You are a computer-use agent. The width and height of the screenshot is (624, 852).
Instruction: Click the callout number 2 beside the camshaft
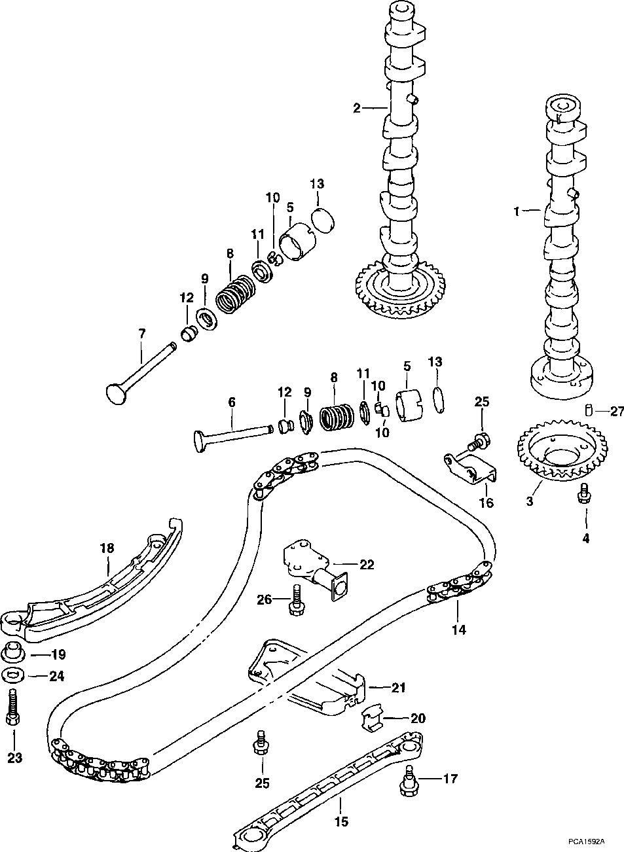point(356,109)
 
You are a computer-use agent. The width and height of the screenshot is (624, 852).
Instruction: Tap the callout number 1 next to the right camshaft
point(517,211)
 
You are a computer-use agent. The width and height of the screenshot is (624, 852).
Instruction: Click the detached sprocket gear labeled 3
point(562,452)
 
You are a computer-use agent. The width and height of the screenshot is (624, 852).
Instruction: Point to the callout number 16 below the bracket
point(486,503)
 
